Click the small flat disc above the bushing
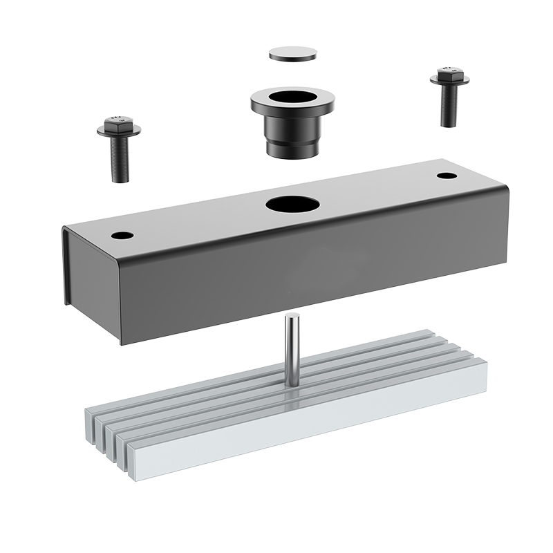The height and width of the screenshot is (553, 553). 292,53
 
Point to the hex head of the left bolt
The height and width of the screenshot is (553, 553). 118,121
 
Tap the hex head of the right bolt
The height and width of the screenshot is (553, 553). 449,72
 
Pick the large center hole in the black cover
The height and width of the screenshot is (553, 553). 292,204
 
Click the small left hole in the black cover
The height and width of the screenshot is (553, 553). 122,235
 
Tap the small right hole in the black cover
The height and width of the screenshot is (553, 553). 447,176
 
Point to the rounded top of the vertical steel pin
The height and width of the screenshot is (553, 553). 292,317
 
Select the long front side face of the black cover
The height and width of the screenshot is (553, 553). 311,283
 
